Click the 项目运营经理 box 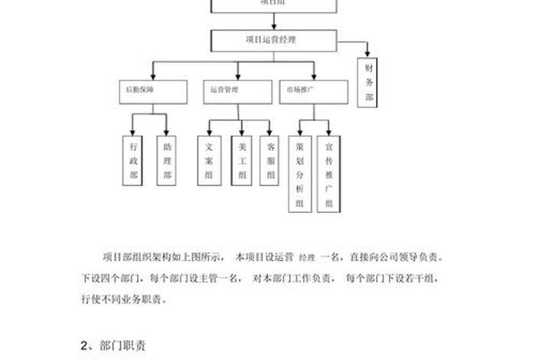pyautogui.click(x=271, y=40)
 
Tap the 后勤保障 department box pyautogui.click(x=152, y=90)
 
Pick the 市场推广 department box pyautogui.click(x=310, y=90)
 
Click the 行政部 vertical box pyautogui.click(x=134, y=160)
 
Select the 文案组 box pyautogui.click(x=209, y=160)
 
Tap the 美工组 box pyautogui.click(x=242, y=160)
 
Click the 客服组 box pyautogui.click(x=270, y=160)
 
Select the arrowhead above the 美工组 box pyautogui.click(x=242, y=133)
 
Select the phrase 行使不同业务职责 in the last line pyautogui.click(x=123, y=299)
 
